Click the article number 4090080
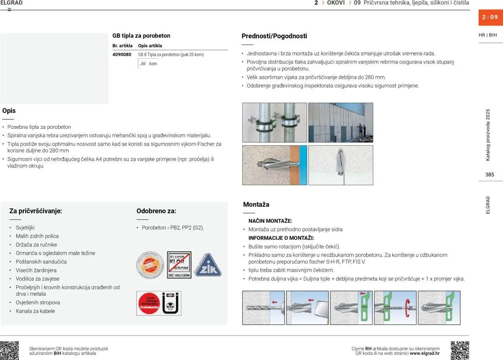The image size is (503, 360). pyautogui.click(x=122, y=55)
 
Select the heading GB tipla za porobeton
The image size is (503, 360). pyautogui.click(x=141, y=36)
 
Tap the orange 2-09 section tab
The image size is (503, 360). pyautogui.click(x=490, y=17)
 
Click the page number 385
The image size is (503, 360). pyautogui.click(x=490, y=175)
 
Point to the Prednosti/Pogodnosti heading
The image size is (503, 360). pyautogui.click(x=274, y=36)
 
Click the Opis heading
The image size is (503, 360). pyautogui.click(x=9, y=111)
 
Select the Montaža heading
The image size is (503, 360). pyautogui.click(x=256, y=204)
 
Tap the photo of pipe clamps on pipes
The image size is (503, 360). pyautogui.click(x=274, y=123)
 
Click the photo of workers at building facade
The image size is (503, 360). pyautogui.click(x=341, y=123)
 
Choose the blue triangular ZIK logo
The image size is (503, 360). pyautogui.click(x=208, y=265)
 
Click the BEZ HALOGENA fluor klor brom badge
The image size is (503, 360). pyautogui.click(x=179, y=265)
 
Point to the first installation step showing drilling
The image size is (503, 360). pyautogui.click(x=263, y=308)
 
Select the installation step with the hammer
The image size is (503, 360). pyautogui.click(x=307, y=308)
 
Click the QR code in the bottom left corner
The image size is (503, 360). pyautogui.click(x=9, y=350)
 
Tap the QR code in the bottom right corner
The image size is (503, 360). pyautogui.click(x=460, y=350)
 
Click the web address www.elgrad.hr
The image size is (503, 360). pyautogui.click(x=424, y=353)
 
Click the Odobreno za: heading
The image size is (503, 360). pyautogui.click(x=156, y=211)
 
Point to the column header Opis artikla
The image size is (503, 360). pyautogui.click(x=150, y=46)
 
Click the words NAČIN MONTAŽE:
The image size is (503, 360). pyautogui.click(x=270, y=221)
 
